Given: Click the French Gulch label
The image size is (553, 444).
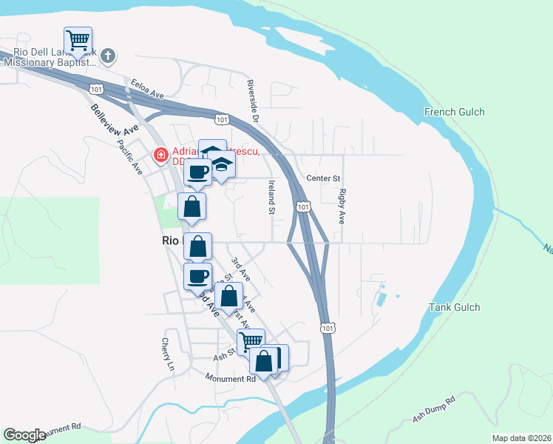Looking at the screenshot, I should (x=454, y=112).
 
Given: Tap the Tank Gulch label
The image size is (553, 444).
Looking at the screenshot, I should (x=455, y=307).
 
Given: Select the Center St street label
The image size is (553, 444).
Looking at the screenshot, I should (x=323, y=178).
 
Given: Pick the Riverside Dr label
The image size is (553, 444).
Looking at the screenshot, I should (x=254, y=101).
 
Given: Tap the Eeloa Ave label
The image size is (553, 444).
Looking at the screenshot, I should (x=146, y=89).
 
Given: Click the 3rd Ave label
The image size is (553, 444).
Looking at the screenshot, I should (x=240, y=269).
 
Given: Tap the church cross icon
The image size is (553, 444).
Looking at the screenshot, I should (x=108, y=55).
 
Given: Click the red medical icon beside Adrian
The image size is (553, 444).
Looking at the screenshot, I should (x=159, y=155).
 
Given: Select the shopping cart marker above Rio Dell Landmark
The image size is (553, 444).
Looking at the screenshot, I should (x=78, y=40).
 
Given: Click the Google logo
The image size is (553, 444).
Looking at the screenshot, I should (x=24, y=435).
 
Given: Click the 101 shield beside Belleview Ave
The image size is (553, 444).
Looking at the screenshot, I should (x=96, y=89).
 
